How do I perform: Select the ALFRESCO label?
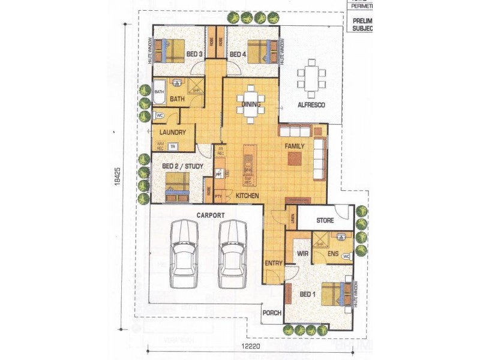coord(311,105)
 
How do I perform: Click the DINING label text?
coord(250,104)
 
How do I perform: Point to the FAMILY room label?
coord(295,146)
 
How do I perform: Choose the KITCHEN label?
coord(247,196)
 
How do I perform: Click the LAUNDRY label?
coord(172,133)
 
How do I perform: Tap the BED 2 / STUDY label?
coord(182,166)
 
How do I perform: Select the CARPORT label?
coord(210,215)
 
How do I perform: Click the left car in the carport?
coord(184,254)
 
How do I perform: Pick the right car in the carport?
coord(233,254)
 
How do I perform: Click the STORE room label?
coord(325,221)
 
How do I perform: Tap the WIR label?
coord(303,254)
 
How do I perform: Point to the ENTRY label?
coord(273,263)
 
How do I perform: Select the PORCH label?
coord(272,313)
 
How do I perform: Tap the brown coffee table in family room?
coord(295,158)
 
